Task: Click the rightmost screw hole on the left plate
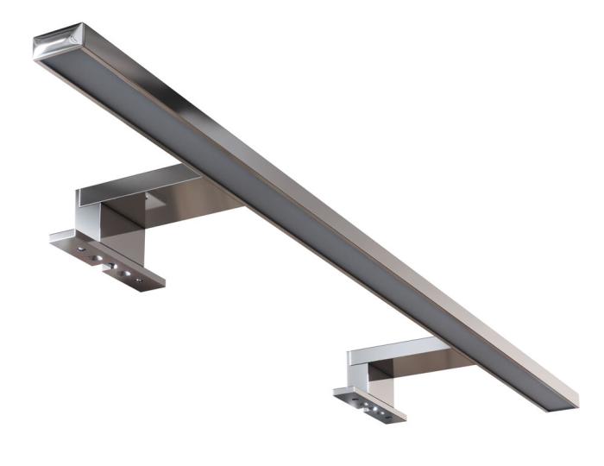pos(137,281)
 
